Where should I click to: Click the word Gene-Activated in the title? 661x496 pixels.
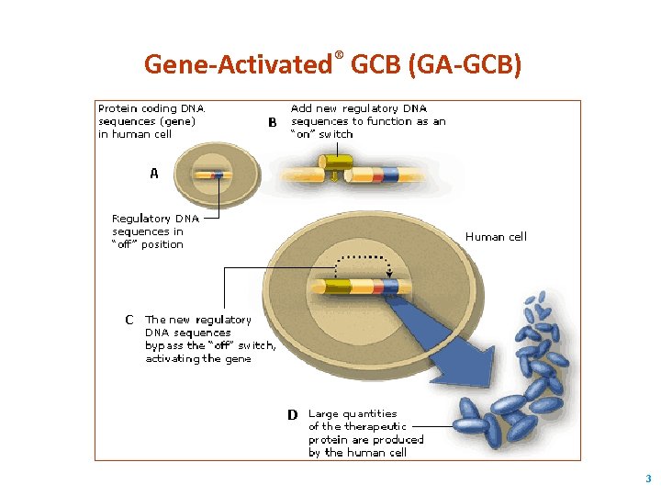click(238, 64)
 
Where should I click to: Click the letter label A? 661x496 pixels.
click(154, 173)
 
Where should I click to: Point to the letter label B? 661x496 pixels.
click(272, 122)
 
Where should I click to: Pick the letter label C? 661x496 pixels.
click(129, 320)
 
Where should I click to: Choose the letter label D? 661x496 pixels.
click(292, 414)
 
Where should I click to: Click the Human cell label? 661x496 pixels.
click(496, 237)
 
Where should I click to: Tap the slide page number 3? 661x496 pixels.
click(648, 479)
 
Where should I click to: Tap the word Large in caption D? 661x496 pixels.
click(324, 413)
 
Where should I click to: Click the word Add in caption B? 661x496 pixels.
click(302, 108)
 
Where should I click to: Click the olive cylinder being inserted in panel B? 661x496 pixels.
click(335, 163)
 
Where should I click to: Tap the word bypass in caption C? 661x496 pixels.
click(164, 345)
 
